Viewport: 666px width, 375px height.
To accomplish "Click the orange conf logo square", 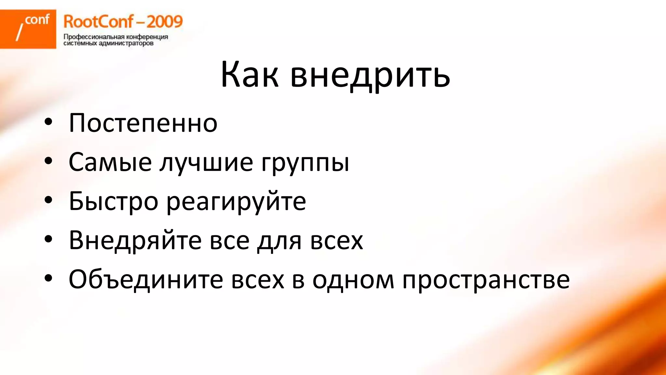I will tap(28, 29).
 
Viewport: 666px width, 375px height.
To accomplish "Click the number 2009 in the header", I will tap(165, 22).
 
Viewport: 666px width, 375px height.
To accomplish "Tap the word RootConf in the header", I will tap(98, 22).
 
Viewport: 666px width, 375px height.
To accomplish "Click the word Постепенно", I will tap(143, 123).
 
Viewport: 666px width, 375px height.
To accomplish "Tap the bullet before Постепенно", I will tap(48, 122).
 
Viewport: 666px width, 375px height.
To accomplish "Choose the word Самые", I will tap(110, 162).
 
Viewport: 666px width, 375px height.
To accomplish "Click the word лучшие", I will tap(206, 162).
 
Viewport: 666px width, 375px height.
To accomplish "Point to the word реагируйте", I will tap(236, 202).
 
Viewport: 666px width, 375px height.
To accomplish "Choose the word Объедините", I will tap(146, 279).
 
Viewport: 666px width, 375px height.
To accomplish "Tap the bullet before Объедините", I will tap(48, 279).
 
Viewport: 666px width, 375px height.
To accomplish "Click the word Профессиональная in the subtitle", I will tap(94, 37).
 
